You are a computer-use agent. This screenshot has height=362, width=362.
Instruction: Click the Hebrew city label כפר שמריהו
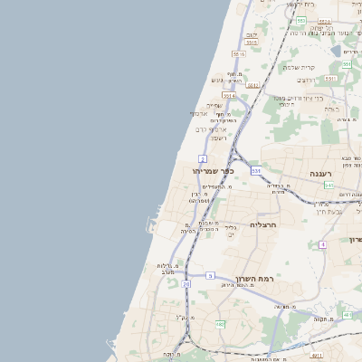(x=212, y=170)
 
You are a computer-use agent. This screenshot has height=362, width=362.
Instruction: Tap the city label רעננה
(x=321, y=172)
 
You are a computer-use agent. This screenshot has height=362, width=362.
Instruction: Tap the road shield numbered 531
(x=257, y=170)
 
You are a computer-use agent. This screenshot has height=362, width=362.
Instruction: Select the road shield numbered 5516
(x=238, y=54)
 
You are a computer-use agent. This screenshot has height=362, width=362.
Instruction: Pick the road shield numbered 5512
(x=253, y=86)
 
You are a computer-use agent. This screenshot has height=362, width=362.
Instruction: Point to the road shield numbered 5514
(x=229, y=95)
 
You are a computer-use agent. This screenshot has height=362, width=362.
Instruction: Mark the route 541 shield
(x=329, y=185)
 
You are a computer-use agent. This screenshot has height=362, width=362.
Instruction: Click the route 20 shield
(x=186, y=284)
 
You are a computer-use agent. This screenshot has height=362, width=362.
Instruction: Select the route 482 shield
(x=219, y=324)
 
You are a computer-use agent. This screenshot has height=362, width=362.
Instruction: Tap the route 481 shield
(x=348, y=314)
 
